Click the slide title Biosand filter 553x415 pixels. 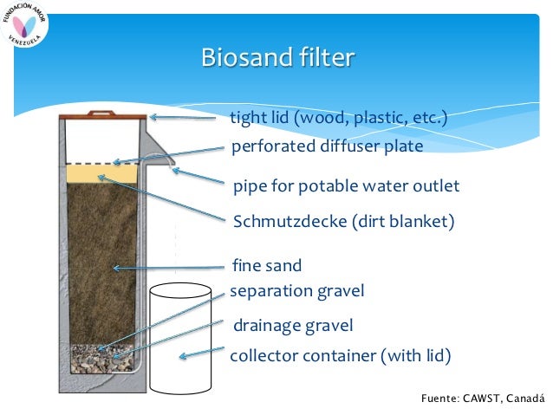pyautogui.click(x=276, y=58)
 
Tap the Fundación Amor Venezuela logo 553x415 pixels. pyautogui.click(x=27, y=27)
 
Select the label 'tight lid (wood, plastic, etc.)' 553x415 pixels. pyautogui.click(x=337, y=117)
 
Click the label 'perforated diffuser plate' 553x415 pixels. pyautogui.click(x=327, y=146)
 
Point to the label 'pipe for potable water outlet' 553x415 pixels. pyautogui.click(x=346, y=186)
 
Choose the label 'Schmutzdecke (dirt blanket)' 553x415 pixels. pyautogui.click(x=343, y=221)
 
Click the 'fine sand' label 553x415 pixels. pyautogui.click(x=267, y=265)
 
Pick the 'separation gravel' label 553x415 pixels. pyautogui.click(x=296, y=291)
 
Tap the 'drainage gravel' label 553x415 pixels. pyautogui.click(x=293, y=326)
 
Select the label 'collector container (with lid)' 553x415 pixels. pyautogui.click(x=340, y=355)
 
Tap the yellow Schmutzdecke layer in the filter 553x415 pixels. pyautogui.click(x=101, y=174)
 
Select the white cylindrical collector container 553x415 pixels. pyautogui.click(x=180, y=338)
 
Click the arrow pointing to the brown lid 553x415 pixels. pyautogui.click(x=182, y=117)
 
